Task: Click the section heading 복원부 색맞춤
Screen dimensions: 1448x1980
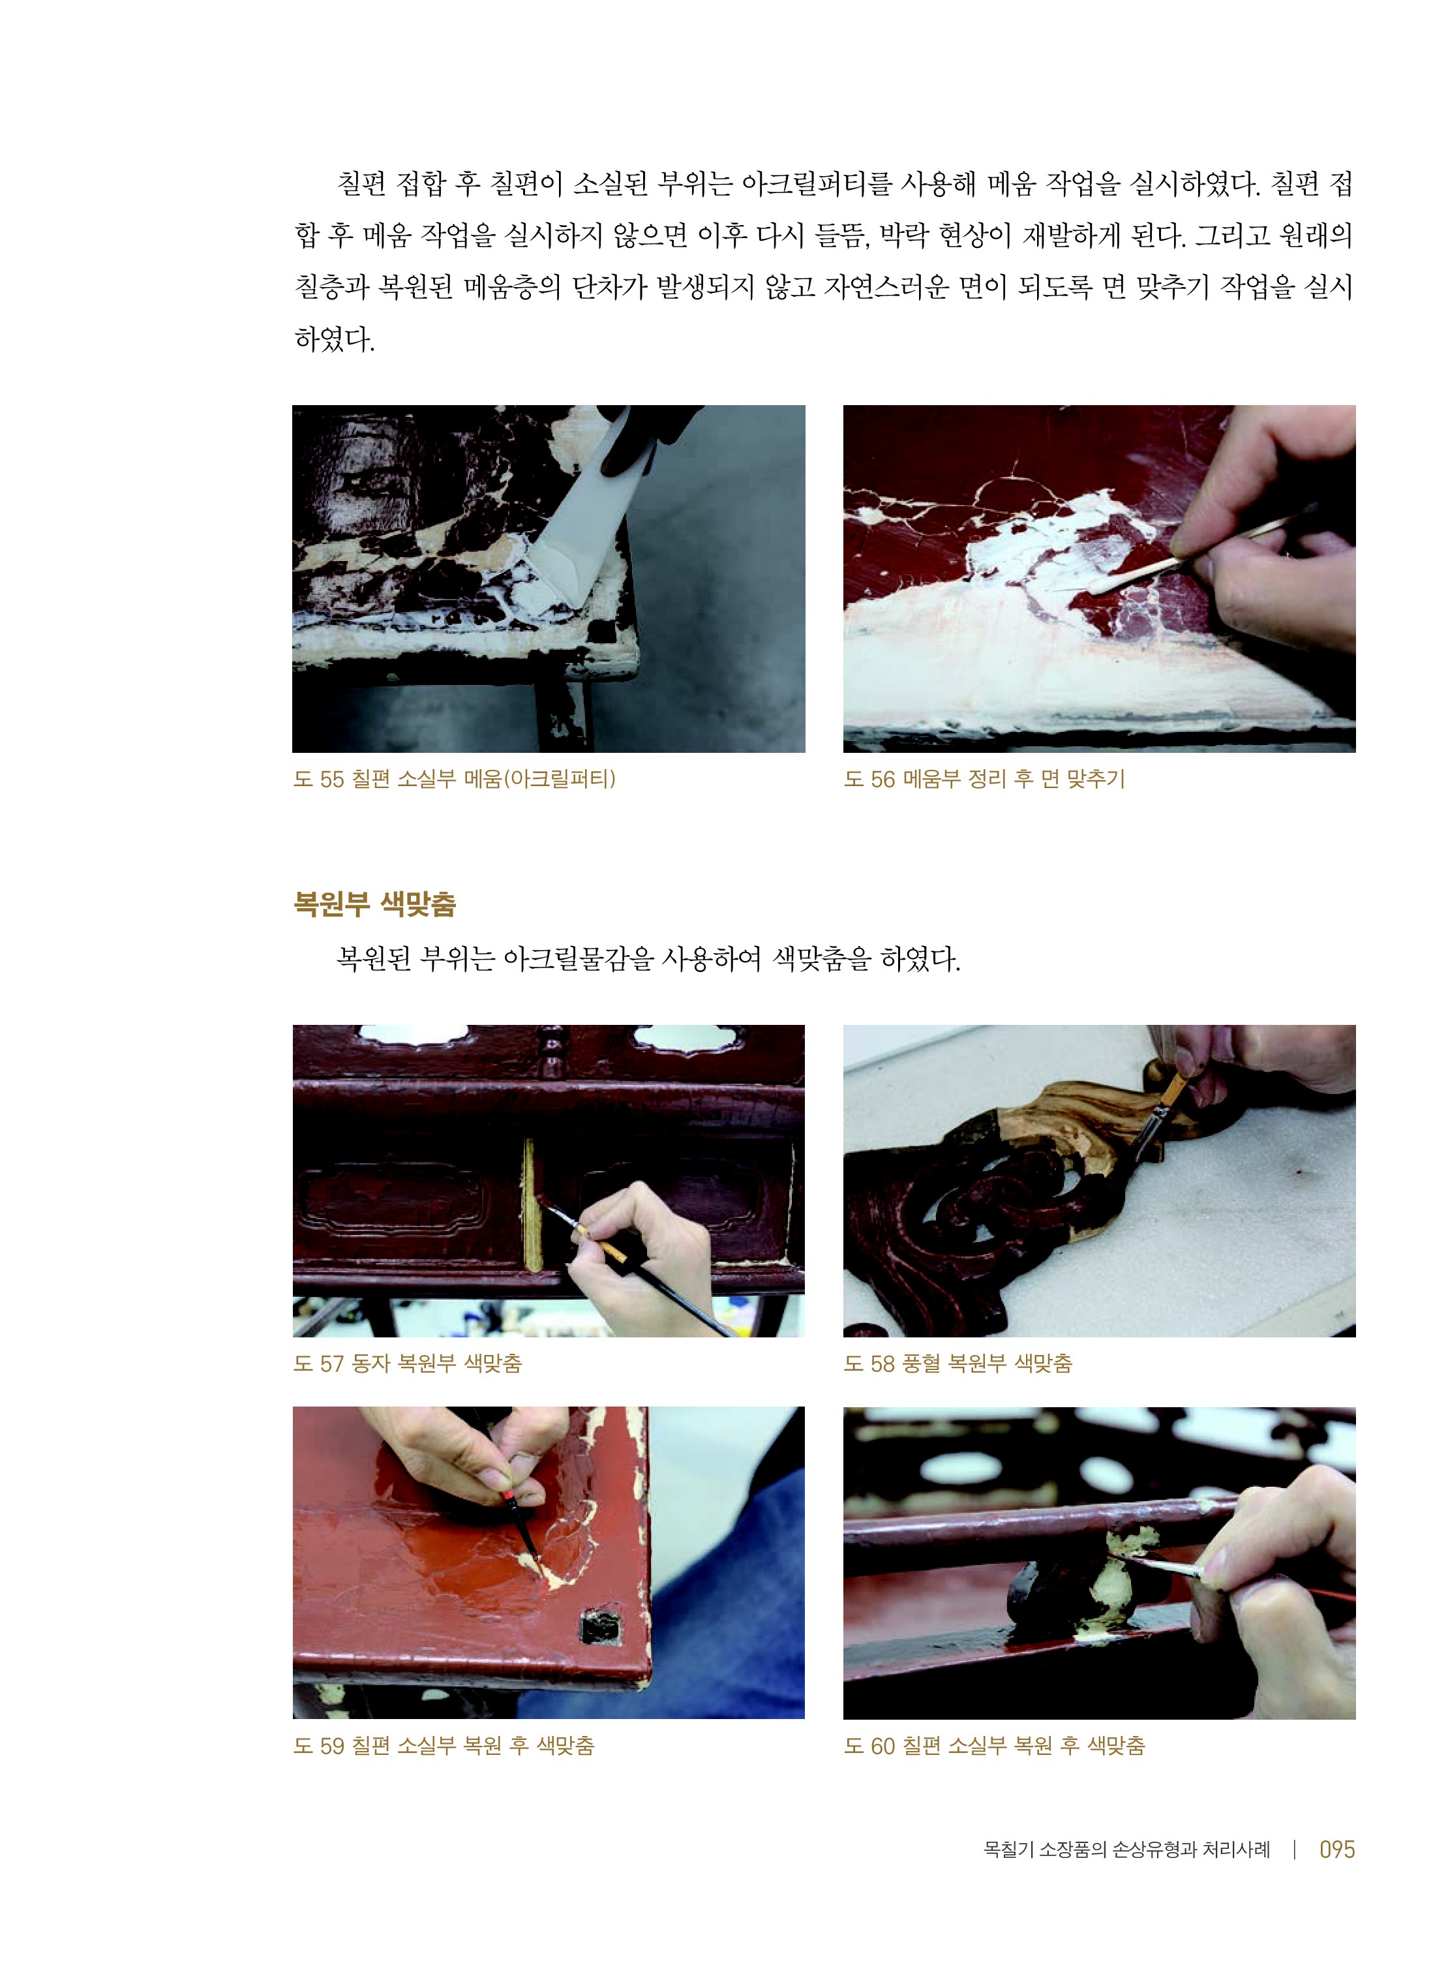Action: (374, 904)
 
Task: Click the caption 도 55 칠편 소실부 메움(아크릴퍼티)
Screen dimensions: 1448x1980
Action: (454, 778)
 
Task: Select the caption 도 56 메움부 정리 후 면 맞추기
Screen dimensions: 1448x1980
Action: (984, 778)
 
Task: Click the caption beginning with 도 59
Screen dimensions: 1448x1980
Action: (444, 1745)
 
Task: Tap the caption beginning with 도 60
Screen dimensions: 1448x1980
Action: (994, 1745)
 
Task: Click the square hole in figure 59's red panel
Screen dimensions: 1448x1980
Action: (601, 1628)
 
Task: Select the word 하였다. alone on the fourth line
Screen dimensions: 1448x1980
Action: (334, 339)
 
